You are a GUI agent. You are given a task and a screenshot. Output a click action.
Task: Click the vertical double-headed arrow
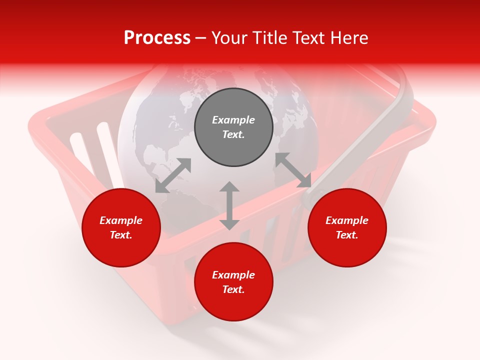(229, 205)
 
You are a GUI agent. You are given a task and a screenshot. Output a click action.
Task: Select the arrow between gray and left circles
(173, 175)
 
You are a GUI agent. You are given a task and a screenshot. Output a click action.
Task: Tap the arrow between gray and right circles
(293, 170)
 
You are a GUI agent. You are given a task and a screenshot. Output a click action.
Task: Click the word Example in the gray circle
(233, 120)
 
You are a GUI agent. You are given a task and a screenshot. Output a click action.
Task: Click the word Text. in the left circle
(121, 235)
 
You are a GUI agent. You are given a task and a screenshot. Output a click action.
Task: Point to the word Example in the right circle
(347, 220)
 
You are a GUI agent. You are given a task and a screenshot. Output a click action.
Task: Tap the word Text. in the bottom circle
(233, 289)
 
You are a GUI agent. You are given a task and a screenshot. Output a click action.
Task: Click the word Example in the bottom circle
(233, 275)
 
